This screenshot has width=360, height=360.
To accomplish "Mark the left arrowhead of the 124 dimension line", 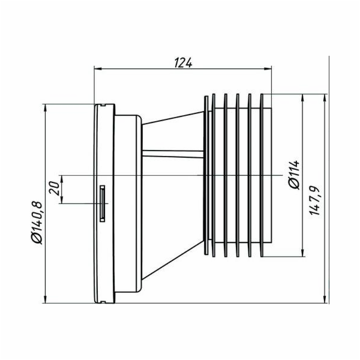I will click(x=98, y=68).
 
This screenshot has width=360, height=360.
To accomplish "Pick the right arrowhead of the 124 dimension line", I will click(x=269, y=68).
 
